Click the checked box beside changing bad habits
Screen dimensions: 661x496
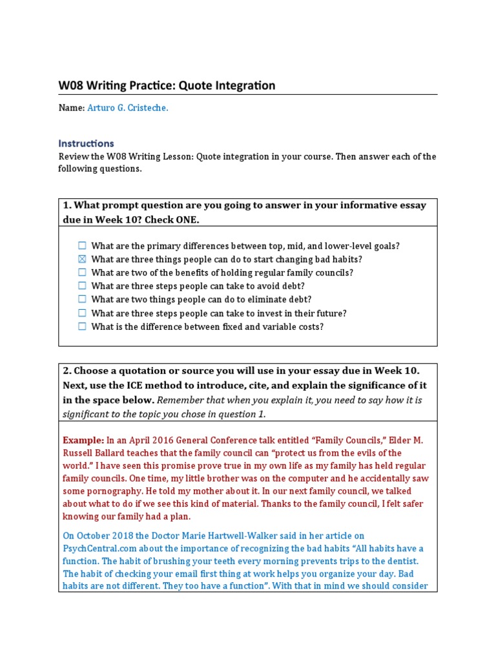pos(82,259)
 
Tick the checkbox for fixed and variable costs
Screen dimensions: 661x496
pos(82,327)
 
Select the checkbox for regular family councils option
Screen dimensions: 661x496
pos(82,272)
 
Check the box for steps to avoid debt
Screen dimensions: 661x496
pos(82,286)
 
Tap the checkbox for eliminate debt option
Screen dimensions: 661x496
pos(82,300)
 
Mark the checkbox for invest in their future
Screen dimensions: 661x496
pos(82,313)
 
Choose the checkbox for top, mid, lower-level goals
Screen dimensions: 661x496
pos(82,245)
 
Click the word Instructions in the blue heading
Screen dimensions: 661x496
pos(86,143)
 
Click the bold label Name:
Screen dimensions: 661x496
pos(71,108)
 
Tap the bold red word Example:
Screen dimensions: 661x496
pos(83,440)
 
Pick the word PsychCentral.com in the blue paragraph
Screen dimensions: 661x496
pos(95,548)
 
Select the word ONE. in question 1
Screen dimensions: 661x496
pos(186,219)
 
